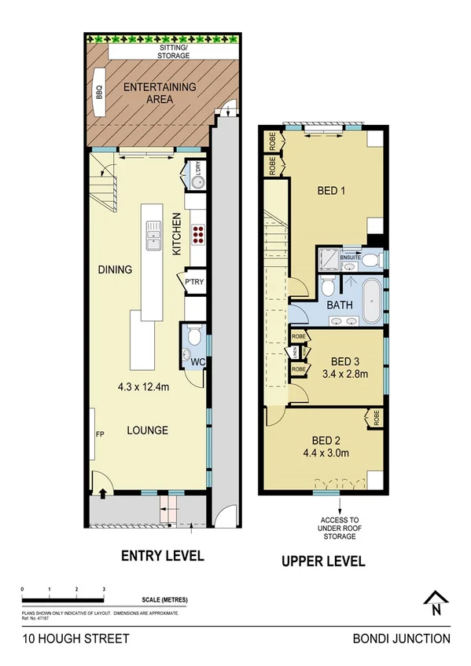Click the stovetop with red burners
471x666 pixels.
(198, 236)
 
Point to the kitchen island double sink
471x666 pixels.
(153, 235)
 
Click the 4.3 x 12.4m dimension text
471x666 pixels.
(145, 386)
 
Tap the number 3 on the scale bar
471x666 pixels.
(103, 588)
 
